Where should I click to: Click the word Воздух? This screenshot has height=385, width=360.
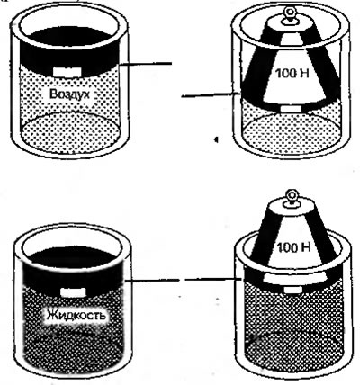69,94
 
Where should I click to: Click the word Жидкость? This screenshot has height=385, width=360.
76,315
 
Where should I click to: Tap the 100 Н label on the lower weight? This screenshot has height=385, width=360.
293,247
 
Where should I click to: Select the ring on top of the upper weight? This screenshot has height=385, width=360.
290,13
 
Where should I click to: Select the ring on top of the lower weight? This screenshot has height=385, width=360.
291,195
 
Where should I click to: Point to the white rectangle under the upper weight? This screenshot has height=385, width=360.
290,109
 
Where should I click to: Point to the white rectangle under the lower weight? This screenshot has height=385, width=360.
292,290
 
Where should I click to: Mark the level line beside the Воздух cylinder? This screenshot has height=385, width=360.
146,64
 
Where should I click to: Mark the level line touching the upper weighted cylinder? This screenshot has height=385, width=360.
211,95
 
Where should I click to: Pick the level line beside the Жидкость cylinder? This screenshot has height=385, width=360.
152,281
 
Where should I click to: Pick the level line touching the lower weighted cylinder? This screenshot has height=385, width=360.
212,280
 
